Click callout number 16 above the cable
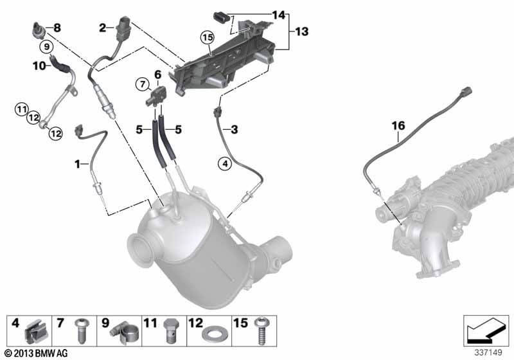tap(398, 125)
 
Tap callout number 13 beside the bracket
tap(301, 32)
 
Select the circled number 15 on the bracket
tap(207, 37)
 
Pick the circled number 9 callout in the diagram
tap(46, 46)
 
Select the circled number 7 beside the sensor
tap(141, 84)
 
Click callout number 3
tap(234, 130)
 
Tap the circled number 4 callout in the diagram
tap(224, 165)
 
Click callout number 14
tap(278, 14)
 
